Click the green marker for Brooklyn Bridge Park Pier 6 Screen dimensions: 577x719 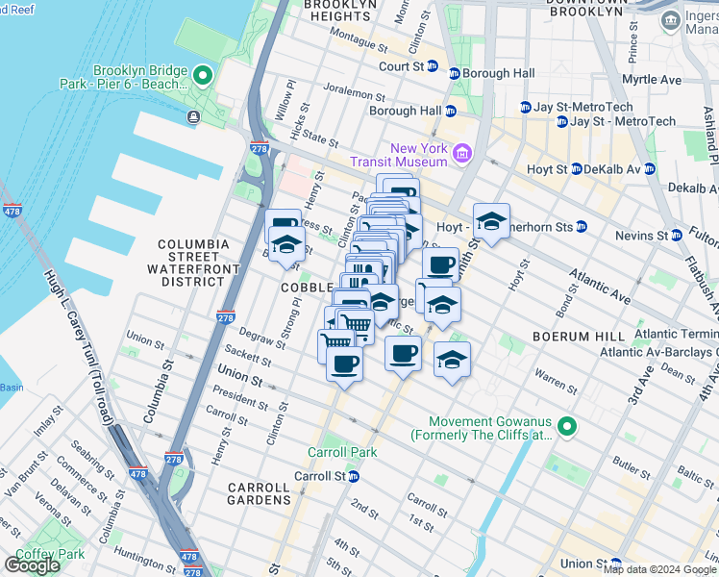pos(202,74)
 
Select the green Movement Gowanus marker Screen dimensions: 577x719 pos(567,426)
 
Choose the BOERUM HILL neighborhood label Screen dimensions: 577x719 pos(571,338)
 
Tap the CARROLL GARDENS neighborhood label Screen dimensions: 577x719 pos(259,493)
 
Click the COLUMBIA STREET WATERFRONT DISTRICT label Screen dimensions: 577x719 pos(194,263)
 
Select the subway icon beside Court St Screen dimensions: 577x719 pos(433,67)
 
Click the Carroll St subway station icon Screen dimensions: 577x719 pos(353,476)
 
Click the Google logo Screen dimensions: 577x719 pos(32,565)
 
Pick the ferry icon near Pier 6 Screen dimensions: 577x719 pos(194,117)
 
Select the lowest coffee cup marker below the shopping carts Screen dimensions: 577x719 pos(344,364)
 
